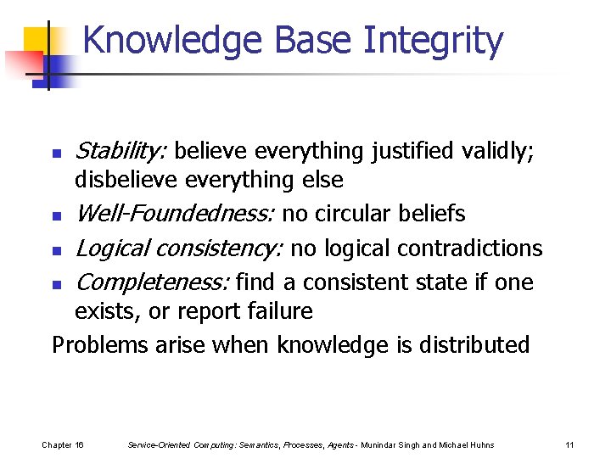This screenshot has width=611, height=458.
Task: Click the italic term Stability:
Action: coord(121,151)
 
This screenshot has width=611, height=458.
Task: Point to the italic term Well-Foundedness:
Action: coord(175,214)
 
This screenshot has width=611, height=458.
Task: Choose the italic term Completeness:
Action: coord(153,281)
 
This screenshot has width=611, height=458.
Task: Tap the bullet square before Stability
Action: coord(56,154)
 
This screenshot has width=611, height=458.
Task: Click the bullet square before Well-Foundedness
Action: coord(56,216)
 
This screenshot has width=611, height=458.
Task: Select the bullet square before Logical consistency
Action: coord(56,250)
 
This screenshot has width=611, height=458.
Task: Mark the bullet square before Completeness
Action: coord(56,283)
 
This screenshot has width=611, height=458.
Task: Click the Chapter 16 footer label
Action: coord(63,444)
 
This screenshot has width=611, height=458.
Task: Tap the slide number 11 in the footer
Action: coord(569,444)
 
